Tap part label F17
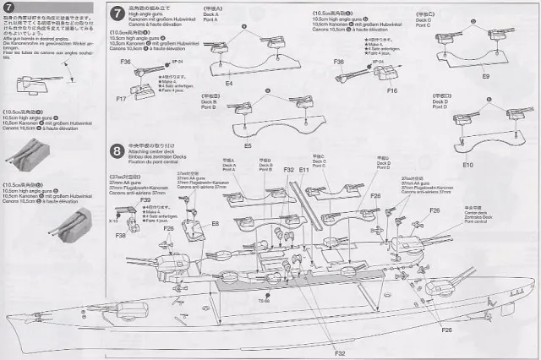coord(121,99)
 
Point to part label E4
coord(229,84)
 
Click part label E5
coord(247,146)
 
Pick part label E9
coord(485,76)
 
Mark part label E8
coord(216,223)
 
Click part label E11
coord(303,170)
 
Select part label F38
coord(122,236)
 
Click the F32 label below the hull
coord(339,352)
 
